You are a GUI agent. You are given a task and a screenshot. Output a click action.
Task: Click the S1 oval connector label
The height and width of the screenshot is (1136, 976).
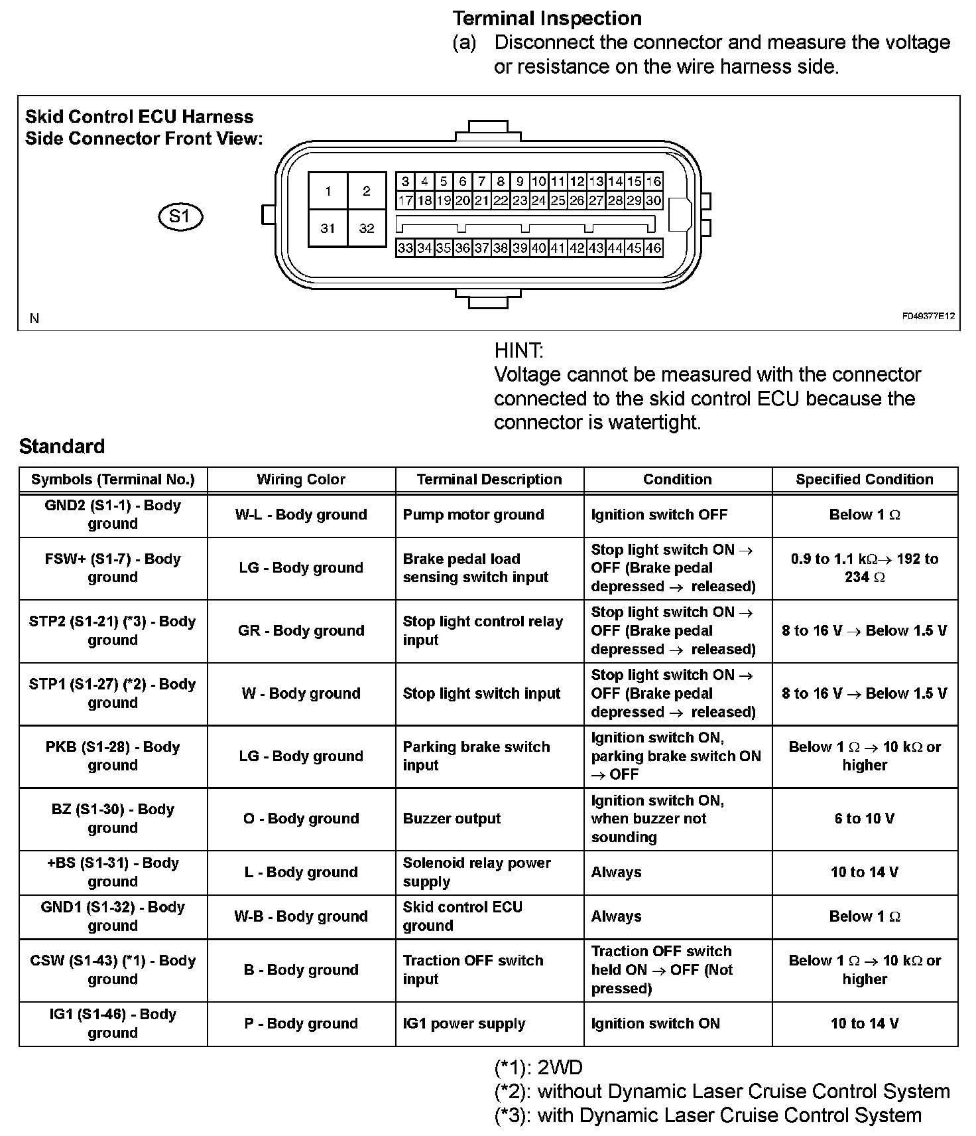pyautogui.click(x=180, y=216)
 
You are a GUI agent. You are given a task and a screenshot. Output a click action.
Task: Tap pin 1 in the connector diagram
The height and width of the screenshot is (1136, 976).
pyautogui.click(x=328, y=191)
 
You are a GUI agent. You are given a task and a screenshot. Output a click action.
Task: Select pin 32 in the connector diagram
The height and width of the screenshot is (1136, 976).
pyautogui.click(x=367, y=228)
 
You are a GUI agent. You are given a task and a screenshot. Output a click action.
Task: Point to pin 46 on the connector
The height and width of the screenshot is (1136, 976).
pyautogui.click(x=653, y=248)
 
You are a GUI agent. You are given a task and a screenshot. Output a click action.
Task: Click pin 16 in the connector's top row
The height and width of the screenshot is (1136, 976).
pyautogui.click(x=653, y=181)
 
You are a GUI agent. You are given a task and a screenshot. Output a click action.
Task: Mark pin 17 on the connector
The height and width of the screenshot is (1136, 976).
pyautogui.click(x=406, y=200)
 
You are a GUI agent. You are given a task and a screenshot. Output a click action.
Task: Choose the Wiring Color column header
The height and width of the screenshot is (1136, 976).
pyautogui.click(x=301, y=480)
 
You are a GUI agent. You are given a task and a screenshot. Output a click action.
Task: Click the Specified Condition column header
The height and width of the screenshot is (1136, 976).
pyautogui.click(x=865, y=480)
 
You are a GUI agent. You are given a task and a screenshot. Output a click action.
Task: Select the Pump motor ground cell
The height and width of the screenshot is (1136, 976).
pyautogui.click(x=473, y=515)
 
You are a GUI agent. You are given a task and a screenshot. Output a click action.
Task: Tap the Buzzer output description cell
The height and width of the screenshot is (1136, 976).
pyautogui.click(x=452, y=819)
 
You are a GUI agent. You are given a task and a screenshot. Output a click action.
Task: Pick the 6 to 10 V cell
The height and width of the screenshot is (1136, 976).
pyautogui.click(x=865, y=819)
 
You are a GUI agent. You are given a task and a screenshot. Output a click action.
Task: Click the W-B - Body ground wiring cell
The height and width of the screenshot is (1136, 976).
pyautogui.click(x=301, y=916)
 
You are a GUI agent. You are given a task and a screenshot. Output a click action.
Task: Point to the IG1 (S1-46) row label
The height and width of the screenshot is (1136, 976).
pyautogui.click(x=113, y=1023)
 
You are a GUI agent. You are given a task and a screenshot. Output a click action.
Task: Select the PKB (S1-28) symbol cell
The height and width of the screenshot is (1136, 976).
pyautogui.click(x=113, y=756)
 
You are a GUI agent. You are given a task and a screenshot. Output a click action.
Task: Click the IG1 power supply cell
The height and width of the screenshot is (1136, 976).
pyautogui.click(x=464, y=1023)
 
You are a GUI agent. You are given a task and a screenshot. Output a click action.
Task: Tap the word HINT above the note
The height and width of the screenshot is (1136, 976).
pyautogui.click(x=518, y=350)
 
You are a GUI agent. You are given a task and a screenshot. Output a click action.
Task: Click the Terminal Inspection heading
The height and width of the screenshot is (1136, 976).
pyautogui.click(x=547, y=18)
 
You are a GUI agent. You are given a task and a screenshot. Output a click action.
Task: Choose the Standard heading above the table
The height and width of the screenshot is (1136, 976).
pyautogui.click(x=62, y=446)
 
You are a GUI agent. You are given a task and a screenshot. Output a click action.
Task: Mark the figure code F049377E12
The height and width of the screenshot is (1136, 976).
pyautogui.click(x=928, y=317)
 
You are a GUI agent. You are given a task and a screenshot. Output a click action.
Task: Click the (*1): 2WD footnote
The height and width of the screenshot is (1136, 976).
pyautogui.click(x=538, y=1068)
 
